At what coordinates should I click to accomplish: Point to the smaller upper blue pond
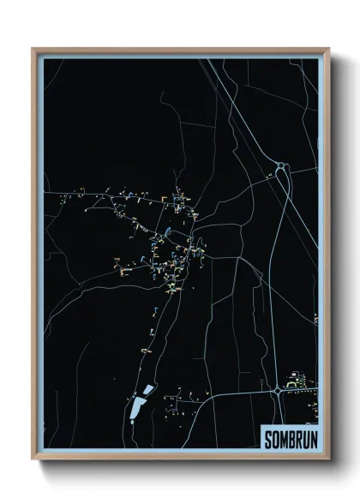point(148,390)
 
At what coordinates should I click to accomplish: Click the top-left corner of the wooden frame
point(33,50)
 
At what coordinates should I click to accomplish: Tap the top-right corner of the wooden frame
point(328,50)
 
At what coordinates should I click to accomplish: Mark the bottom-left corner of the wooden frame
point(33,459)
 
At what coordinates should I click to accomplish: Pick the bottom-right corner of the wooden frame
point(328,459)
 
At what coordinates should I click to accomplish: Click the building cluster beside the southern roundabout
point(297,380)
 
